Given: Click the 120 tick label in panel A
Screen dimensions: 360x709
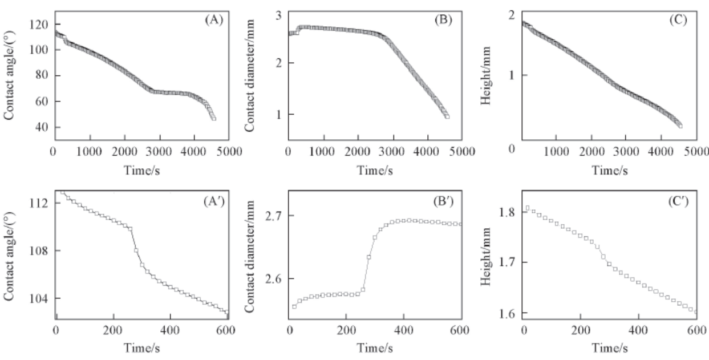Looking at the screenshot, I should (42, 25).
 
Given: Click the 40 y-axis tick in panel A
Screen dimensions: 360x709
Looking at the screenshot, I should (44, 127).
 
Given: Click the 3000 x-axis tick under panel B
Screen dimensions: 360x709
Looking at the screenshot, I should (392, 152).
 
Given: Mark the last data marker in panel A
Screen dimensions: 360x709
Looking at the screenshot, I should (213, 118).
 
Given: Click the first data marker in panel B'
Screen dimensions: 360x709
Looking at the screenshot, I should (294, 306).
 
